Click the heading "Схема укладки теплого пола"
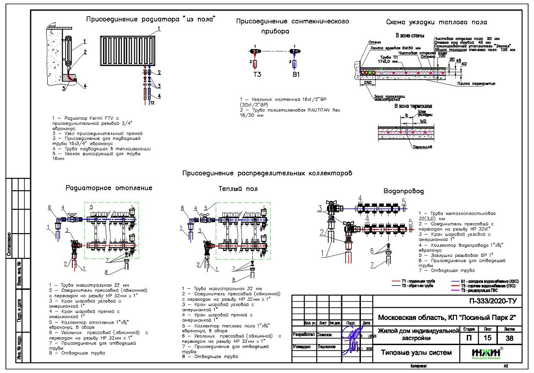(x=436, y=22)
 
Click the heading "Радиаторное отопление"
(x=109, y=188)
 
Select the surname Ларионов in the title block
(x=316, y=346)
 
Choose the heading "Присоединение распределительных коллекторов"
(x=267, y=173)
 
